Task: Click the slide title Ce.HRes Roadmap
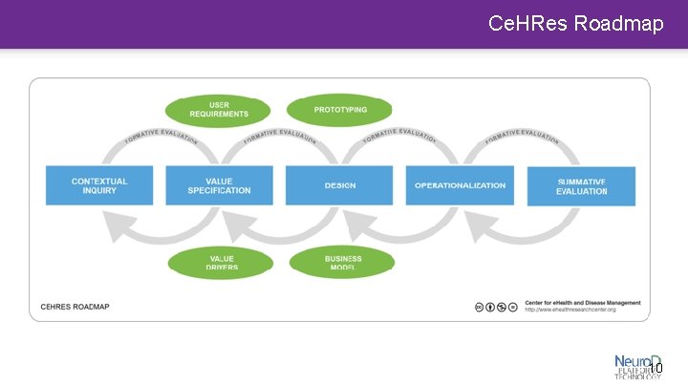575,23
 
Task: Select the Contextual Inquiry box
99,185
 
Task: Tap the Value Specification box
220,185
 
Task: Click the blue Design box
340,185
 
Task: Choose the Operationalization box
461,185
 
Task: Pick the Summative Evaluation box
581,185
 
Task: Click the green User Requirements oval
219,110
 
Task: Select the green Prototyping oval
340,110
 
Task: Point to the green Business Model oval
342,262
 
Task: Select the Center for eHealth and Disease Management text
582,303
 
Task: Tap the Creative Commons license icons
496,307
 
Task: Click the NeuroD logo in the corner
637,366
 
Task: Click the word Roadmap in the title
619,23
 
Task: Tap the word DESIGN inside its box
340,185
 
